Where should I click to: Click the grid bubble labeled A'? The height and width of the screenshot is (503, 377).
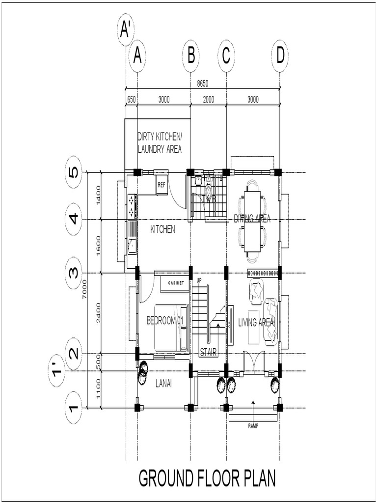point(126,31)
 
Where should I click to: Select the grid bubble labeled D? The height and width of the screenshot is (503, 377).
point(280,56)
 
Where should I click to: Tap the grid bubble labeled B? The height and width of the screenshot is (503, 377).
point(191,56)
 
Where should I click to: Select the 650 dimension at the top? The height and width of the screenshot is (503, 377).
point(131,99)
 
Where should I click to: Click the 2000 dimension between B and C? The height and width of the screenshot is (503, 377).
point(208,99)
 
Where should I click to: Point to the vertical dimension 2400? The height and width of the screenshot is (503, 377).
point(99,313)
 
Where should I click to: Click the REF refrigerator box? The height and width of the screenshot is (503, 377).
point(161,185)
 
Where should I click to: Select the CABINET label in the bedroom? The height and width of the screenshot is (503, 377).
point(176,283)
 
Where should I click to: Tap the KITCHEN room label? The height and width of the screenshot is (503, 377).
point(162,229)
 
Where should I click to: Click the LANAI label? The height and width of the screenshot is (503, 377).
point(163,381)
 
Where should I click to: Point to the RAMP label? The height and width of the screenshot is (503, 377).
point(253,426)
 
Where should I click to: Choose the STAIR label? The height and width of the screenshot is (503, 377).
point(208,352)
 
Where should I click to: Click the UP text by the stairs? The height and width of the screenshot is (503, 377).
point(199,280)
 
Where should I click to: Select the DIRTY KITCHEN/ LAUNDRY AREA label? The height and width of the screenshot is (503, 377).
point(160,142)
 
